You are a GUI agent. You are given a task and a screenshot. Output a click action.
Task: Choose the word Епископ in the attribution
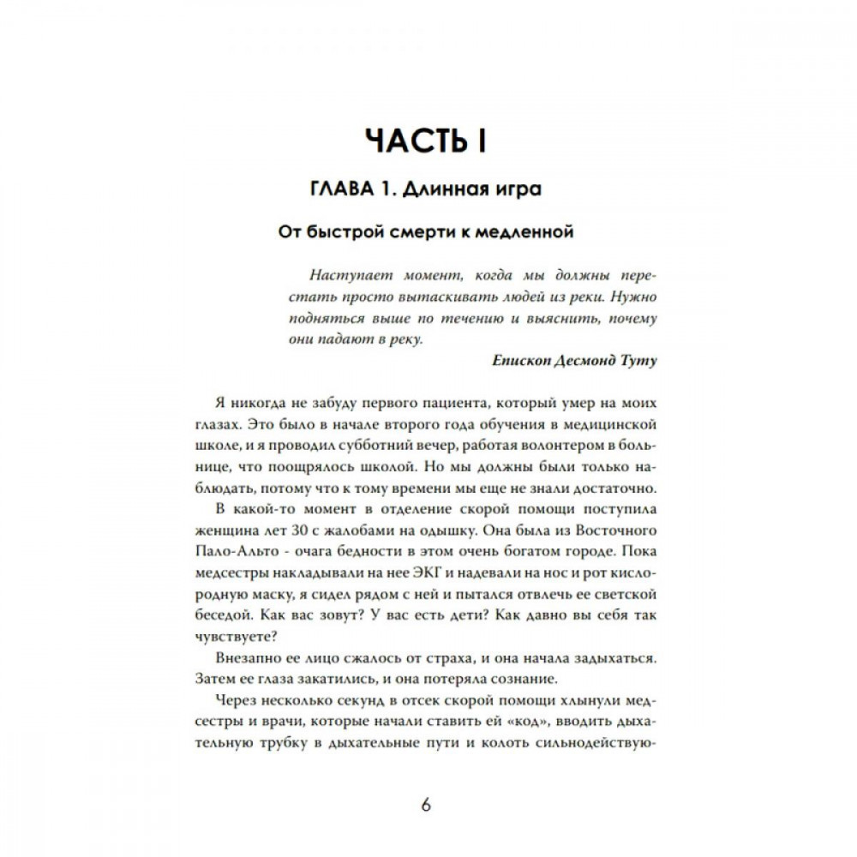[522, 361]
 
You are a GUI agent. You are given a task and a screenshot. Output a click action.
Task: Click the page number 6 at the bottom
[427, 805]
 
